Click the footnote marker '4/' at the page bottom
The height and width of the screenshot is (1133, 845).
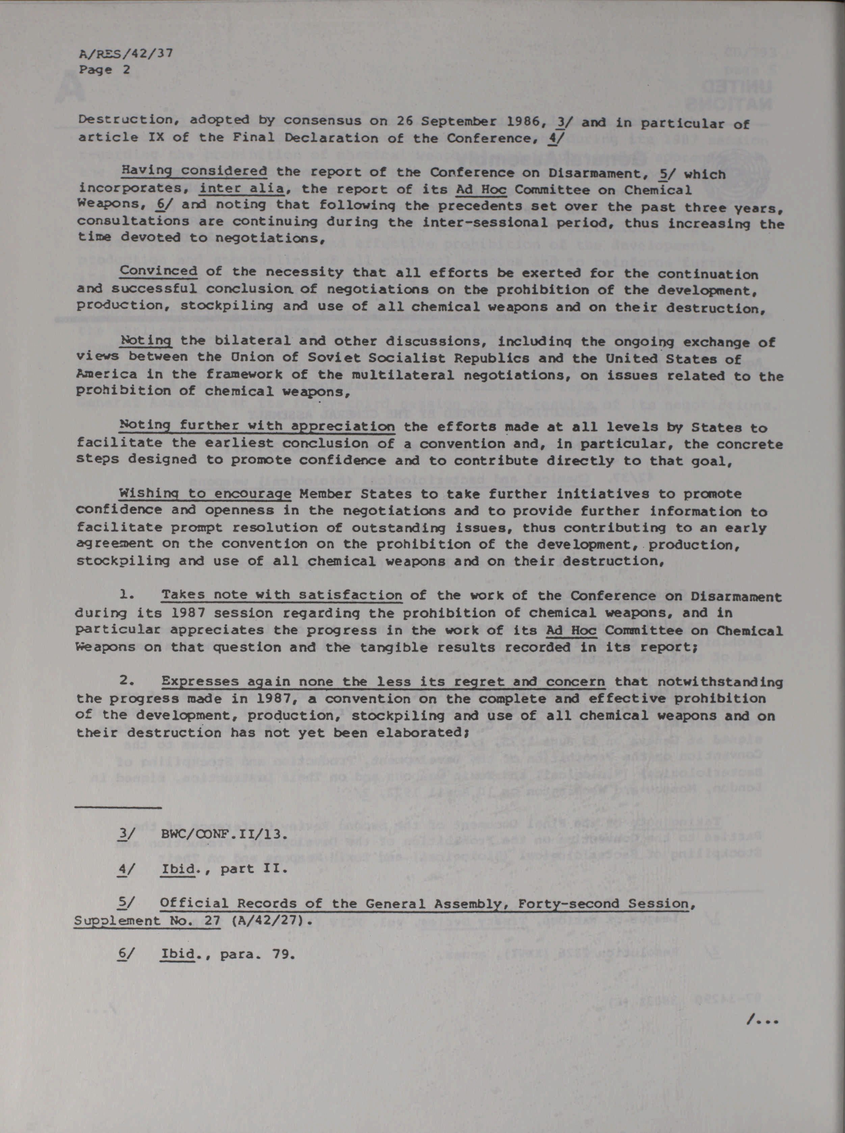tap(123, 869)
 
